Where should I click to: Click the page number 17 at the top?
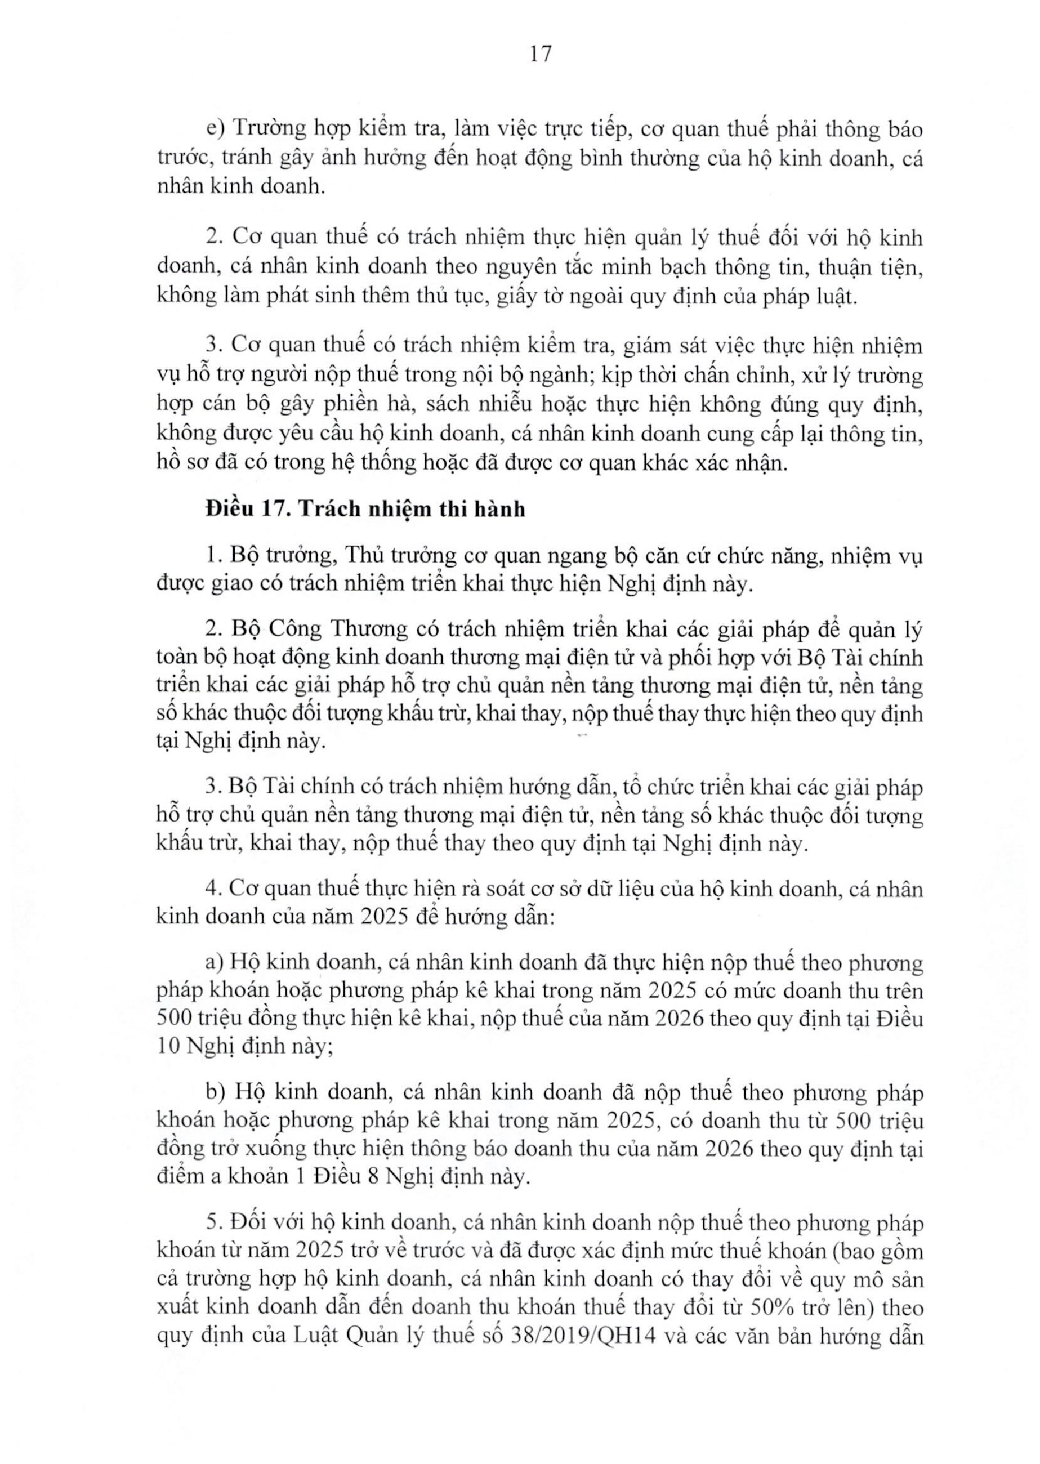pos(541,55)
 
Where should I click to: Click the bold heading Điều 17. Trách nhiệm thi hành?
pos(365,509)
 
